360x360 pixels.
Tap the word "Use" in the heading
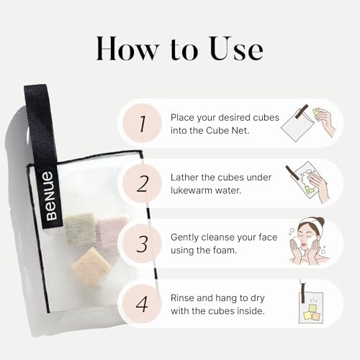(x=236, y=48)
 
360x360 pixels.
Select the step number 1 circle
(x=142, y=123)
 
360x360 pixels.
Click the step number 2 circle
(x=142, y=184)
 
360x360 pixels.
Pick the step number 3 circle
(x=142, y=243)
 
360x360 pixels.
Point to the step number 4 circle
(x=142, y=304)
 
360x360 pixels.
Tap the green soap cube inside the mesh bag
(x=81, y=229)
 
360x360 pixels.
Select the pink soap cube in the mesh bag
(x=112, y=231)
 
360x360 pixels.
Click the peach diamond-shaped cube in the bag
(x=92, y=267)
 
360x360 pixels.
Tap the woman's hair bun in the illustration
(x=320, y=220)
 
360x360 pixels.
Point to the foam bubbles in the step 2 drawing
(x=305, y=178)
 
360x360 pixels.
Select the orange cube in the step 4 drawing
(x=317, y=317)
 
